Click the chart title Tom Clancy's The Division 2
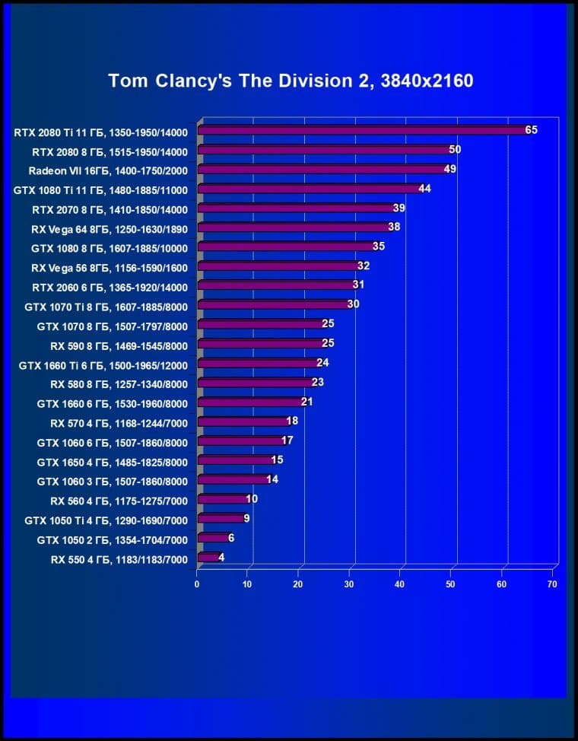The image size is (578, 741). point(291,81)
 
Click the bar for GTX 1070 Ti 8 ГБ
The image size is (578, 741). point(272,304)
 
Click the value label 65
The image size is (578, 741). point(531,130)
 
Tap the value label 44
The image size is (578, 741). point(424,188)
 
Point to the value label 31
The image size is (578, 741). point(358,285)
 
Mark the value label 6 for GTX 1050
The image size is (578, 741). point(231,537)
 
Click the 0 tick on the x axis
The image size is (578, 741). point(197,584)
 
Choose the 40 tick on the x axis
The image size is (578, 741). point(400,584)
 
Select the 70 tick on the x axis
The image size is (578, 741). point(552,584)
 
